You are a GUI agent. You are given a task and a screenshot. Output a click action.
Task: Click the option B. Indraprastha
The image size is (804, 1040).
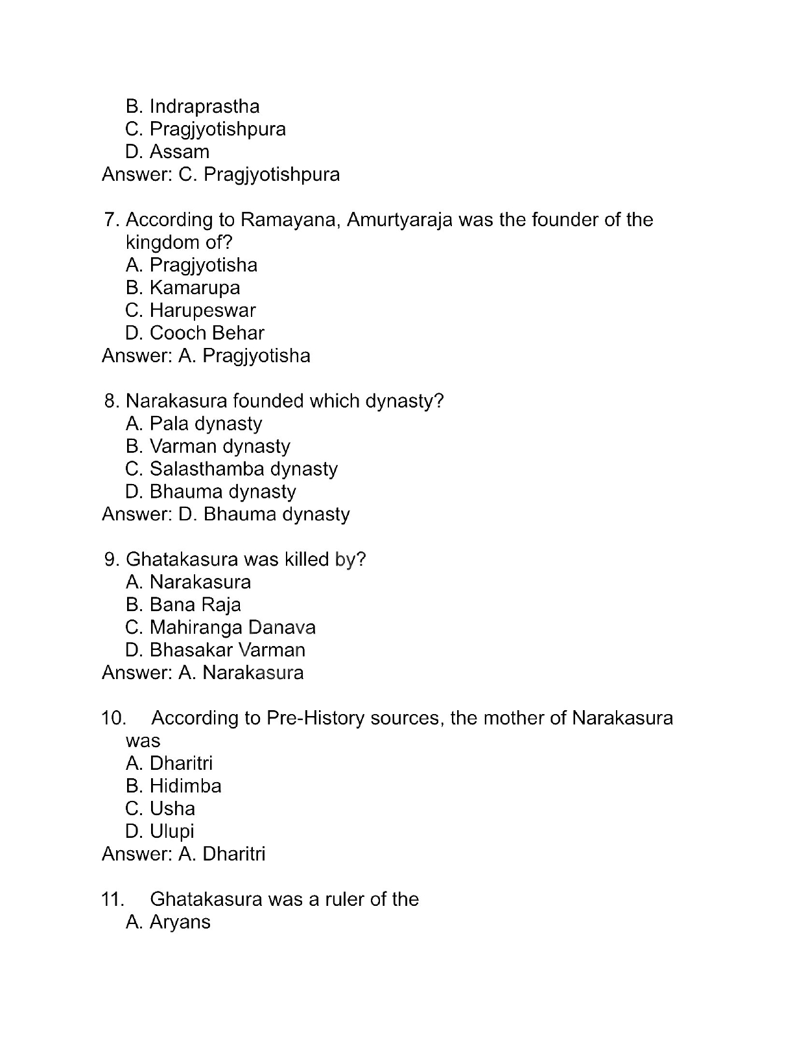click(193, 106)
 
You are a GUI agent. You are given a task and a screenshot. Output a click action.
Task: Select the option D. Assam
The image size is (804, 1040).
click(167, 152)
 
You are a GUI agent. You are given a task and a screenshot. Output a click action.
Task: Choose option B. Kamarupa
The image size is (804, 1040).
click(183, 288)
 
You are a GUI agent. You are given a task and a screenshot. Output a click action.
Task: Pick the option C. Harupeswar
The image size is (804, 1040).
click(191, 310)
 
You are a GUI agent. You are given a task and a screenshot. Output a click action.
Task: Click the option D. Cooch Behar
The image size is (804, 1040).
click(195, 333)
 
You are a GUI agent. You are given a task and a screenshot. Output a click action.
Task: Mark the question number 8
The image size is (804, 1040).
click(111, 401)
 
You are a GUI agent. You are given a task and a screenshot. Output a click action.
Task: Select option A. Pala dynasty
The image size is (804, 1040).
click(194, 424)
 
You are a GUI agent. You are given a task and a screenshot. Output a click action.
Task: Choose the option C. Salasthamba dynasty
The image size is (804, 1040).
click(231, 469)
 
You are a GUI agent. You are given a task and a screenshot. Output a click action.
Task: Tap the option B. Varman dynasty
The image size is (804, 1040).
click(208, 446)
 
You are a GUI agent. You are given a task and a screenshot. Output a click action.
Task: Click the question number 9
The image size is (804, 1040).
click(111, 559)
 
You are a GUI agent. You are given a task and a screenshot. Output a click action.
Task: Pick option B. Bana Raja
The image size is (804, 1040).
click(183, 605)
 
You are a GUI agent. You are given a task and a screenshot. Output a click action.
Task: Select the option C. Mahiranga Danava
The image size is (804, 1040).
click(220, 627)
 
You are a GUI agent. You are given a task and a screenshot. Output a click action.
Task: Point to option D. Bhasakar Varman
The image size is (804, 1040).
click(215, 650)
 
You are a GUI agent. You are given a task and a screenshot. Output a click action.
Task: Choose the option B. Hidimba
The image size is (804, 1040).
click(174, 786)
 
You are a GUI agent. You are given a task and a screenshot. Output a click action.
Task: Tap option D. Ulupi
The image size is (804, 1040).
click(160, 831)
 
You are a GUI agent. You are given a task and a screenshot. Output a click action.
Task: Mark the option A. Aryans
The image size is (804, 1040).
click(168, 922)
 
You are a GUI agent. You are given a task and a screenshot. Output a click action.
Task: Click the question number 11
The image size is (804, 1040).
click(112, 899)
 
